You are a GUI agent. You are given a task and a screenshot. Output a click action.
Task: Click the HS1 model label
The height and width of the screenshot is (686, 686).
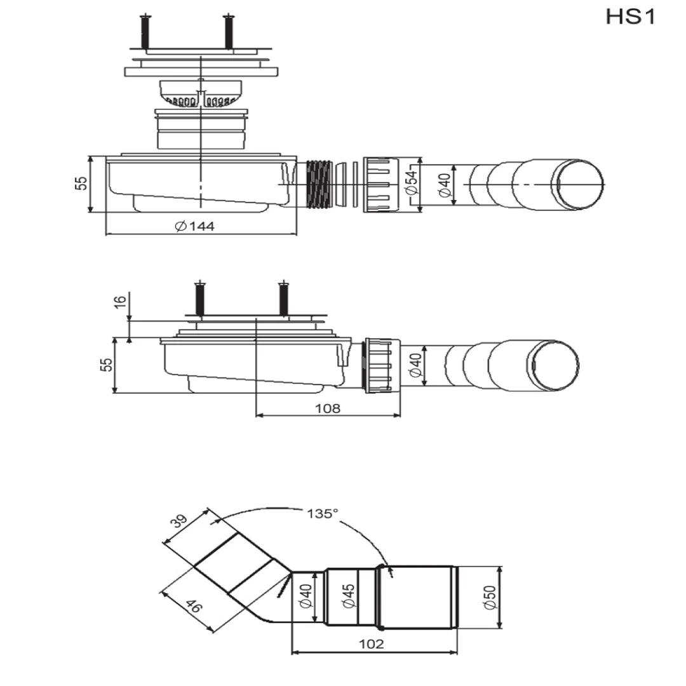point(631,17)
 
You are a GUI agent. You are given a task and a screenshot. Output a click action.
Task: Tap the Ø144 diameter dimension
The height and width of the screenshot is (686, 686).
point(194,226)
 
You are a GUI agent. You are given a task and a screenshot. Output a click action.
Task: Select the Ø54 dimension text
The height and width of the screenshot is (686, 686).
point(411,182)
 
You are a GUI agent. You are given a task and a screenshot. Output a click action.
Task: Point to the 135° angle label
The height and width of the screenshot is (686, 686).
point(323,513)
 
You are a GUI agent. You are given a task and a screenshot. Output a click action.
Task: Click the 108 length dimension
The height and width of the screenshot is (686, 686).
point(328,408)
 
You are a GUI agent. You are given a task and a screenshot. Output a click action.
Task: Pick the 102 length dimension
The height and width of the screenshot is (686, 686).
point(372,644)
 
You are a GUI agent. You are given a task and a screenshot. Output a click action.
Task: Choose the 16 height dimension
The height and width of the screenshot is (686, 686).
point(120,302)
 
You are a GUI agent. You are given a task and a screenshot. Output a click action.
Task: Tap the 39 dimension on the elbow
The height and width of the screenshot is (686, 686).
point(178,521)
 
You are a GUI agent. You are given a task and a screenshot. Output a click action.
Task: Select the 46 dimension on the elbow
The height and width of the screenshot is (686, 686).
point(193,607)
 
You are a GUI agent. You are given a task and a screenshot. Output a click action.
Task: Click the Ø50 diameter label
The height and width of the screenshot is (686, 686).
point(490,597)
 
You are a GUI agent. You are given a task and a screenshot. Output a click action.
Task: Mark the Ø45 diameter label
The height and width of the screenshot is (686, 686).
point(349,596)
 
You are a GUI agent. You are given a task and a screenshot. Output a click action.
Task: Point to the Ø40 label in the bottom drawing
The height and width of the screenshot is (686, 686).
point(306,596)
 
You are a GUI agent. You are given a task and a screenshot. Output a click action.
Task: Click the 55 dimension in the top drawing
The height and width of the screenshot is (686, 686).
point(81,183)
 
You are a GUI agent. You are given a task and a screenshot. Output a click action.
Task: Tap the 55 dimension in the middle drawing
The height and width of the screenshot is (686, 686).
point(106,365)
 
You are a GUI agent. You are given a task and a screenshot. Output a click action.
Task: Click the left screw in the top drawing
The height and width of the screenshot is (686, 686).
point(145,32)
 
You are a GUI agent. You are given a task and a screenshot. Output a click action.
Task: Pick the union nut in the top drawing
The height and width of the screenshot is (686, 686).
point(380,185)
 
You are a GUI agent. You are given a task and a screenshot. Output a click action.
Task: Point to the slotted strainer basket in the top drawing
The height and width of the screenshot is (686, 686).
point(200,93)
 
